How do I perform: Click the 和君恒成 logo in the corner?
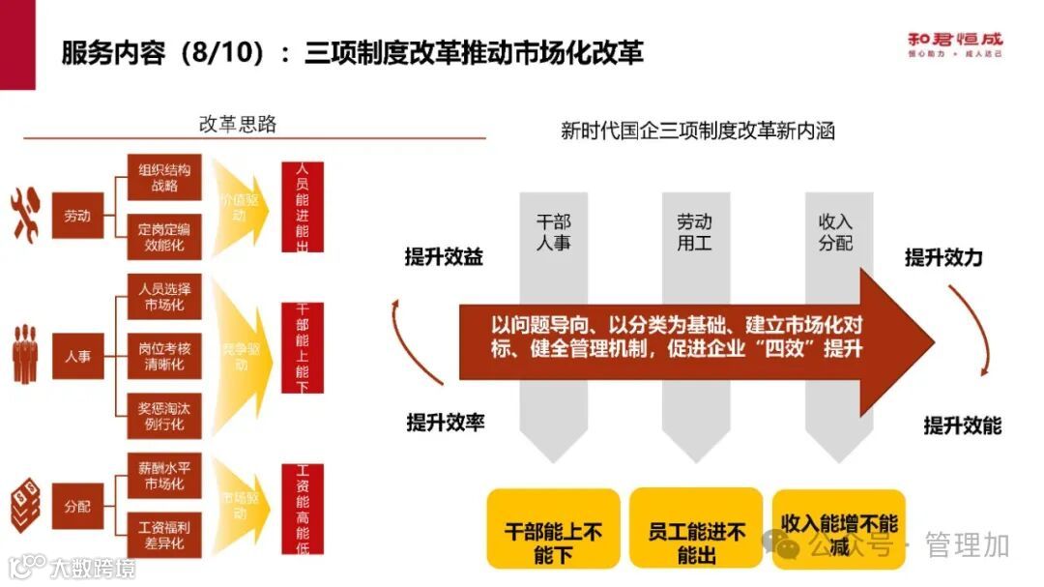coord(954,44)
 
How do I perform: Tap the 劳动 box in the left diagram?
coord(78,216)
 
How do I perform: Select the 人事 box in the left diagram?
coord(78,356)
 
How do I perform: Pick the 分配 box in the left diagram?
coord(78,506)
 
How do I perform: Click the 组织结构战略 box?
coord(164,177)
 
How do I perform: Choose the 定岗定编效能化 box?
coord(164,237)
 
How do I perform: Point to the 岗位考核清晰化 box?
coord(164,355)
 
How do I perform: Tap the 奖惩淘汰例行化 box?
coord(164,417)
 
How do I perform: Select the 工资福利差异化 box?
coord(164,535)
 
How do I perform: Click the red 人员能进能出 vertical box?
coord(302,207)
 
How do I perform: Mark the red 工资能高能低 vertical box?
coord(302,510)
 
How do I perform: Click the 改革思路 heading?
coord(238,124)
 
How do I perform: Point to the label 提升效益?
coord(444,256)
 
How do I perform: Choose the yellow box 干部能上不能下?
coord(554,542)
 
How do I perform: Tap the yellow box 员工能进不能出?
coord(697,542)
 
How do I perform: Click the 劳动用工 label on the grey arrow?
coord(694,232)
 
